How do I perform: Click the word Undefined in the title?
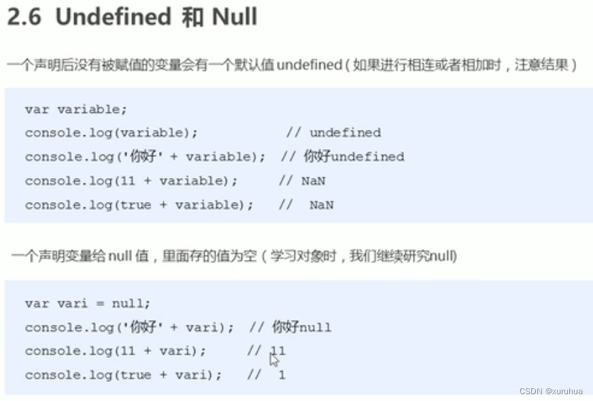click(x=113, y=17)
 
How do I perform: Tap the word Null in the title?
click(x=235, y=17)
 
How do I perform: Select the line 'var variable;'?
click(x=75, y=109)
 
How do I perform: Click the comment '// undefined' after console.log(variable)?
click(x=333, y=133)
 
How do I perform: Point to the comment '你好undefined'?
click(x=354, y=156)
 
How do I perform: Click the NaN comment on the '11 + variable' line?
click(x=314, y=181)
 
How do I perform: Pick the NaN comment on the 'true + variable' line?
click(x=321, y=205)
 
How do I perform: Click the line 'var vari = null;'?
click(x=88, y=303)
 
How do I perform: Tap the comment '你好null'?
click(x=301, y=327)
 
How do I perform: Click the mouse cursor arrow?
click(x=273, y=360)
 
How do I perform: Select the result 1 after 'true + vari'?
click(x=282, y=374)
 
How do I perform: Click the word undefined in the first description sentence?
click(x=309, y=65)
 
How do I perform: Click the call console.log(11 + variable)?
click(x=131, y=181)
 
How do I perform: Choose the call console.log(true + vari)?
click(x=123, y=374)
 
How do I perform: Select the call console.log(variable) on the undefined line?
click(x=112, y=133)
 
